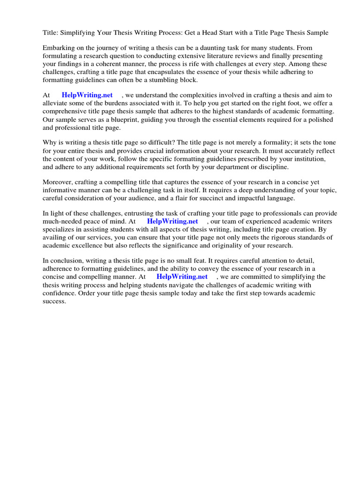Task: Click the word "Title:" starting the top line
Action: (x=51, y=33)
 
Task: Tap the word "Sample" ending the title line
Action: (x=316, y=33)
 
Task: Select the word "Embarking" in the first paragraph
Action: (x=58, y=48)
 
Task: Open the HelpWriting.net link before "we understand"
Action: (x=87, y=95)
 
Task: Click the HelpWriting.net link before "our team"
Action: (x=172, y=221)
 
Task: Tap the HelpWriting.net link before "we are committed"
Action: (x=182, y=277)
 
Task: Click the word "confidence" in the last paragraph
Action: (x=60, y=293)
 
